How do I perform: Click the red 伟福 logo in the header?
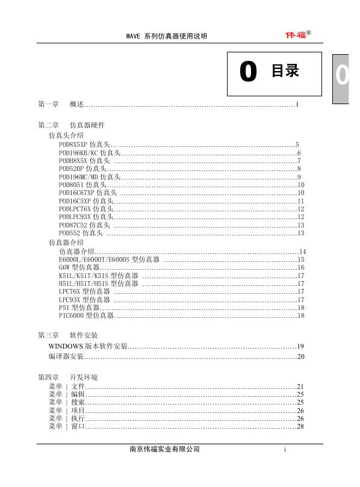[x=296, y=34]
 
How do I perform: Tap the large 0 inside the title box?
[x=247, y=72]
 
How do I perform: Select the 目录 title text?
[x=285, y=71]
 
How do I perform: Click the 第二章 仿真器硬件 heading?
[x=71, y=125]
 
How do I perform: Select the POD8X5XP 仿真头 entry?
[x=84, y=145]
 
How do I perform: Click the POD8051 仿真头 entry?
[x=82, y=185]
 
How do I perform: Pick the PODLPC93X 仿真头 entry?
[x=86, y=217]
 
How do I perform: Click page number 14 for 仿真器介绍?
[x=303, y=251]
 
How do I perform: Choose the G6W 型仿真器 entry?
[x=79, y=267]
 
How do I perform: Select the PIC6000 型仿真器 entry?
[x=86, y=315]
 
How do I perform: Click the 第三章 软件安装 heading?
[x=68, y=335]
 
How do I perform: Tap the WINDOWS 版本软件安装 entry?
[x=88, y=346]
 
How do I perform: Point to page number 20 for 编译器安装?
[x=301, y=357]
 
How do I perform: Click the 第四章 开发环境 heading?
[x=68, y=377]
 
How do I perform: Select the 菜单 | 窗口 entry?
[x=67, y=426]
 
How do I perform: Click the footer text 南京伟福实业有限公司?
[x=164, y=450]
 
